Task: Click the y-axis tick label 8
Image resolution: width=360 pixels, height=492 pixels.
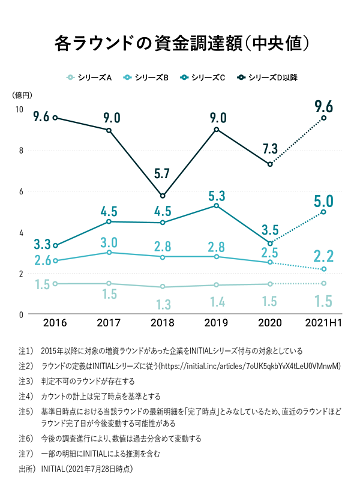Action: pyautogui.click(x=20, y=151)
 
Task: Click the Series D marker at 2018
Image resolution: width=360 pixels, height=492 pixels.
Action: pyautogui.click(x=163, y=196)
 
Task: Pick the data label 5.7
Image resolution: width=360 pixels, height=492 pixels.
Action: pyautogui.click(x=163, y=174)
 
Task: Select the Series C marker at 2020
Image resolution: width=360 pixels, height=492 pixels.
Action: pyautogui.click(x=270, y=243)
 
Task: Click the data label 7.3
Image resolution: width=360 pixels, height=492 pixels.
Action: pyautogui.click(x=271, y=149)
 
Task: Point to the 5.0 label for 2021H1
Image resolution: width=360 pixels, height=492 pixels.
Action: pyautogui.click(x=324, y=201)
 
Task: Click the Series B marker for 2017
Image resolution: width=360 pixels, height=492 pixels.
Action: pyautogui.click(x=109, y=253)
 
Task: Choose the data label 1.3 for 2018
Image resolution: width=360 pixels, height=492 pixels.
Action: pyautogui.click(x=163, y=304)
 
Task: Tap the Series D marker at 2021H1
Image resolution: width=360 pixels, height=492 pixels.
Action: pyautogui.click(x=324, y=118)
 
